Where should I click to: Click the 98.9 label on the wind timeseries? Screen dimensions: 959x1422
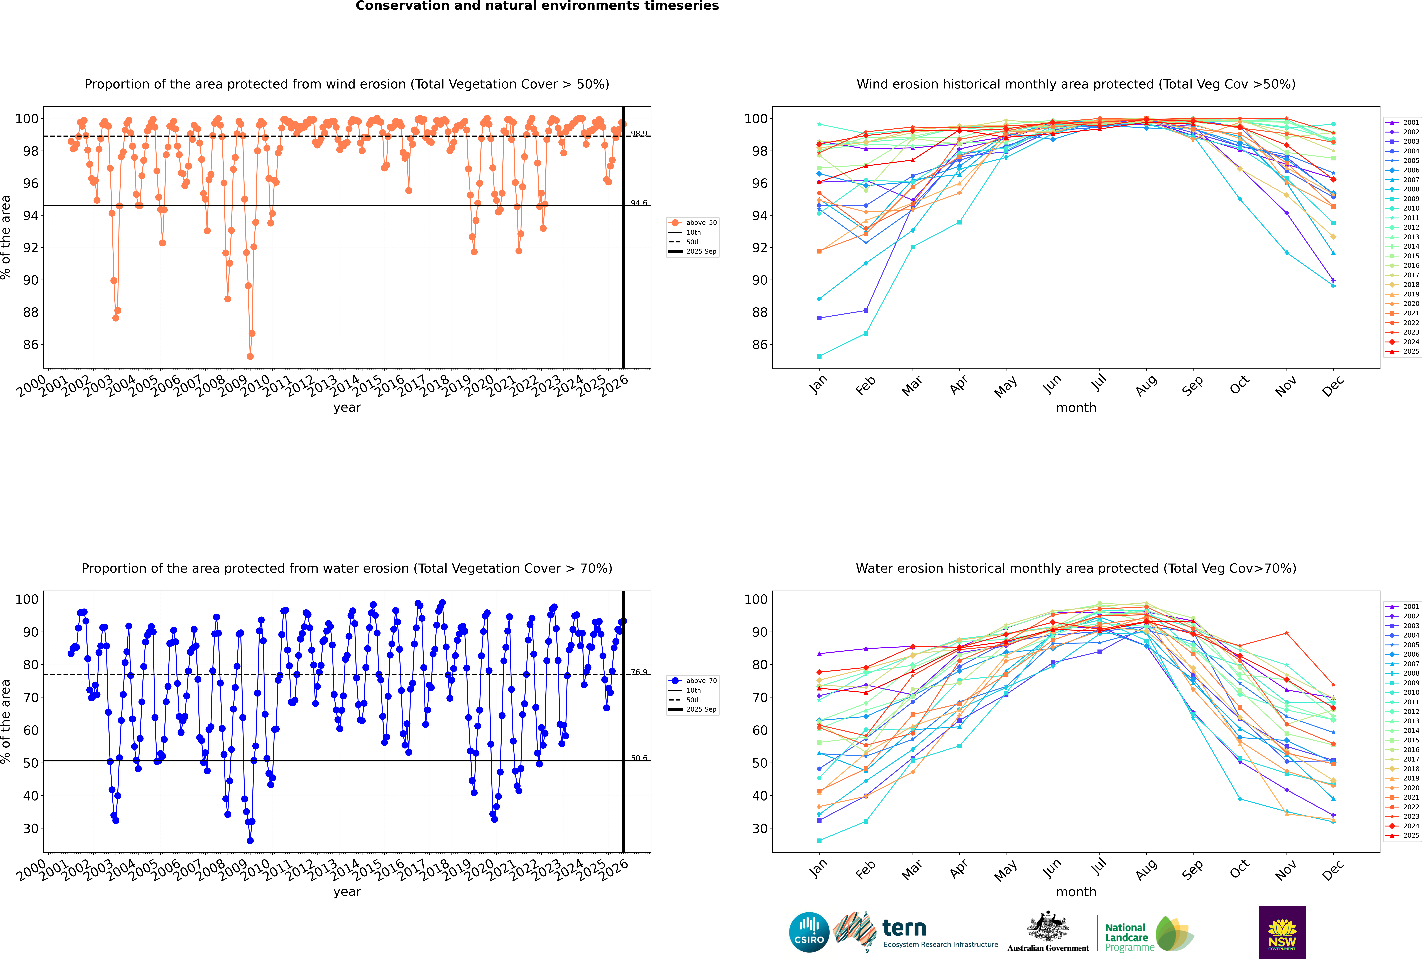639,133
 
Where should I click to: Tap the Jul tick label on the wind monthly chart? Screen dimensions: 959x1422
1099,383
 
